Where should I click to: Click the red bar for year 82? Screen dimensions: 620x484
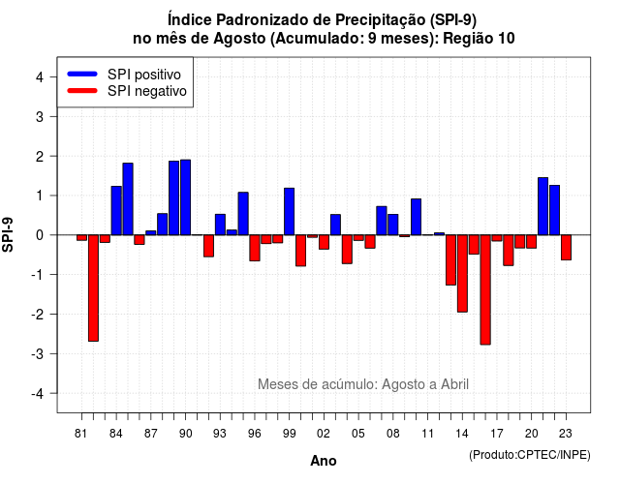[x=93, y=288]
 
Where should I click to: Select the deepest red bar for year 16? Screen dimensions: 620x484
[x=485, y=289]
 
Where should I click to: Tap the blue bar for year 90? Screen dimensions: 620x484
[x=185, y=197]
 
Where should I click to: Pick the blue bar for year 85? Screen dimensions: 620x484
[x=128, y=198]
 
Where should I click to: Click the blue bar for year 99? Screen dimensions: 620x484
[x=289, y=211]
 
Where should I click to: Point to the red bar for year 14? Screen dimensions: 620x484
[x=462, y=273]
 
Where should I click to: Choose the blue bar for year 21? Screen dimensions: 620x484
[x=542, y=206]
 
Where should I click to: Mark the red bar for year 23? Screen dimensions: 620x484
[x=566, y=248]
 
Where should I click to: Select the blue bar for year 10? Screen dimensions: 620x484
[x=416, y=217]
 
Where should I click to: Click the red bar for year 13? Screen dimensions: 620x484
[x=450, y=259]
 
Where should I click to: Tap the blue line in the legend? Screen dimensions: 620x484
[x=82, y=74]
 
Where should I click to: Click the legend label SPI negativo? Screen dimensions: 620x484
[x=146, y=91]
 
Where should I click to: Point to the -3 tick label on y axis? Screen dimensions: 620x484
[x=39, y=354]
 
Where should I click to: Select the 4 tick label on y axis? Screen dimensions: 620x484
[x=40, y=77]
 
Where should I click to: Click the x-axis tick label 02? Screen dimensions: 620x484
[x=324, y=434]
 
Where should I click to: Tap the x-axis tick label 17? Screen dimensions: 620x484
[x=497, y=434]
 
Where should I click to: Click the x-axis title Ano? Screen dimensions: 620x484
[x=324, y=461]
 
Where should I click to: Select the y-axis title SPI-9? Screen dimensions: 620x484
[x=8, y=234]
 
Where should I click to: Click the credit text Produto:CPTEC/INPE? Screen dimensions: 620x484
[x=530, y=455]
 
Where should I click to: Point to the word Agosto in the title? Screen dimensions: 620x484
[x=239, y=39]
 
